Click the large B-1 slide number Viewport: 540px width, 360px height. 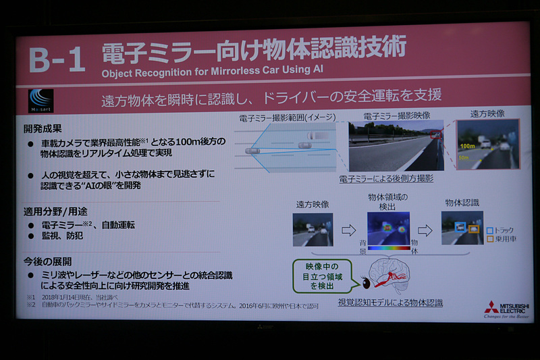[x=57, y=59]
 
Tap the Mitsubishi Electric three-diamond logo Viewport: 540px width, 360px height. [x=492, y=307]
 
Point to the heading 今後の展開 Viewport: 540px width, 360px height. [x=47, y=261]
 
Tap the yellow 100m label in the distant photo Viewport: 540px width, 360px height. [x=466, y=145]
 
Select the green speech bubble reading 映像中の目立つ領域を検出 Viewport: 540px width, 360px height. [x=322, y=276]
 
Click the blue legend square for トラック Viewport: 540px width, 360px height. [x=489, y=230]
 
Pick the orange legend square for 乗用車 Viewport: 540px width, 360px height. [x=489, y=239]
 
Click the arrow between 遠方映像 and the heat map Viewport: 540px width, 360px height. [x=348, y=230]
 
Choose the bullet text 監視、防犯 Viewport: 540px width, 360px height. [x=65, y=237]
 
